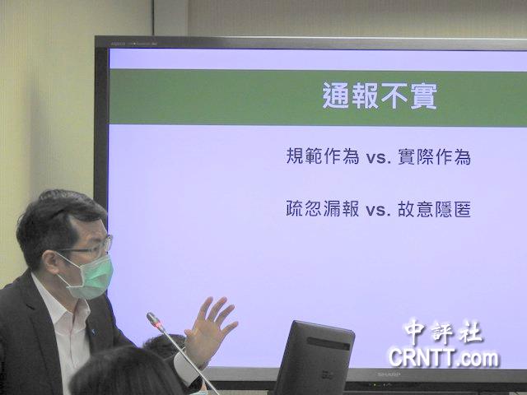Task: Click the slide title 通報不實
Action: (380, 95)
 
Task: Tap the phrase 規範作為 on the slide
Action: (323, 156)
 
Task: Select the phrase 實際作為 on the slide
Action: (434, 156)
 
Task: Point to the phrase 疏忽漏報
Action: (323, 208)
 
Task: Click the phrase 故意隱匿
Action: (434, 209)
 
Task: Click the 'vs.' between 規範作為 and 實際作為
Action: (379, 158)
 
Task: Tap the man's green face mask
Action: (89, 276)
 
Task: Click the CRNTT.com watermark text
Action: (444, 358)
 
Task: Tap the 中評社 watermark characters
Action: (444, 332)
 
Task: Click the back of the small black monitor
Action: (315, 358)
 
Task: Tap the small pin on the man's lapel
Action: (93, 332)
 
